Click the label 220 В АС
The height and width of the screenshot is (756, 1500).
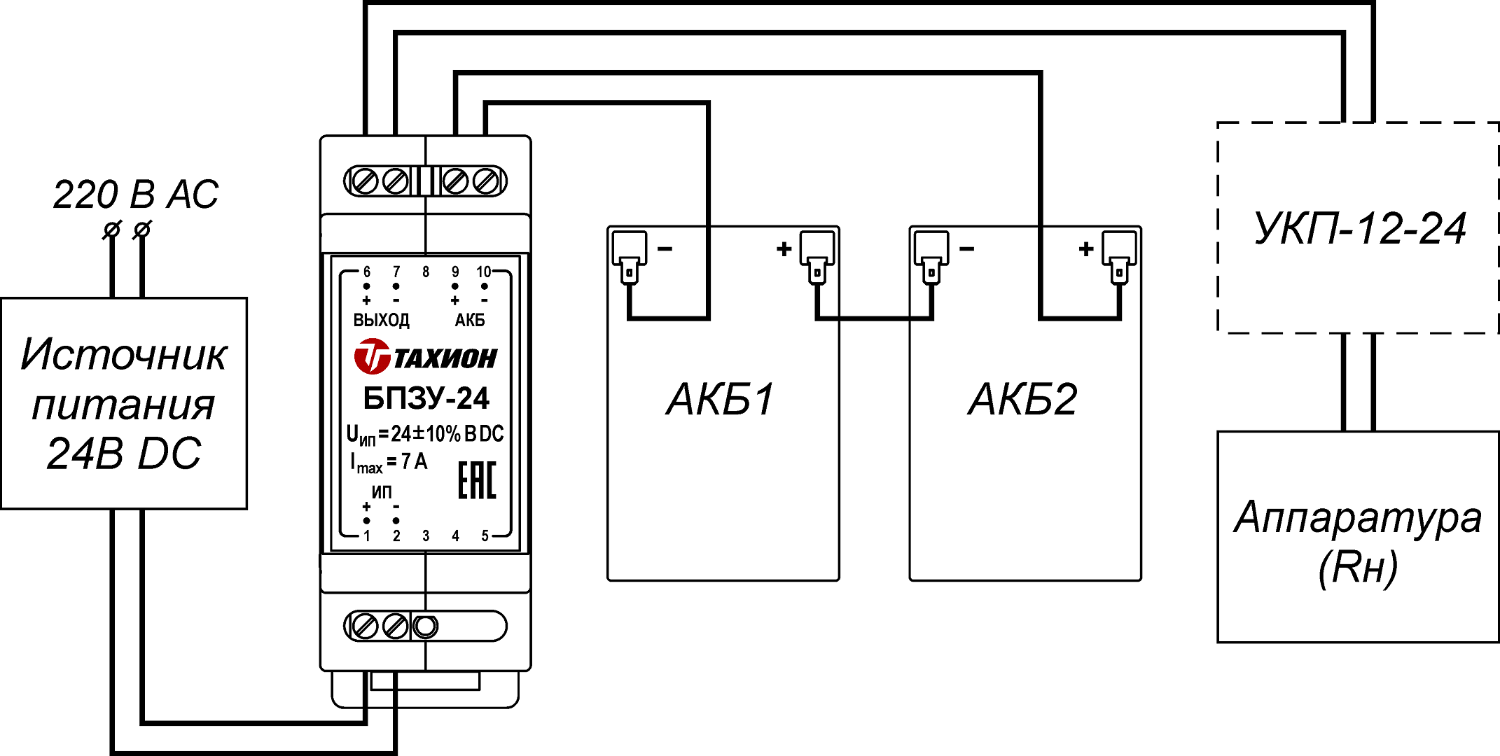(136, 195)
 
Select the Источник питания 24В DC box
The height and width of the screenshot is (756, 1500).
(124, 404)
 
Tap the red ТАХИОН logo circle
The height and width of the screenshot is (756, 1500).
(371, 356)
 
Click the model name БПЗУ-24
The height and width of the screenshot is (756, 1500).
(426, 398)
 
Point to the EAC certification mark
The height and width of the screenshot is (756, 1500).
(477, 480)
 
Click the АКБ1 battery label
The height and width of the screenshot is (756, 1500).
(721, 400)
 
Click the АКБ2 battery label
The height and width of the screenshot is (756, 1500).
(1022, 400)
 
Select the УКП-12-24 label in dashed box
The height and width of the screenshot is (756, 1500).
(1359, 229)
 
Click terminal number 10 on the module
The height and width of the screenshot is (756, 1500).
(484, 272)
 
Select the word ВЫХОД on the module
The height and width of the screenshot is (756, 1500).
(381, 321)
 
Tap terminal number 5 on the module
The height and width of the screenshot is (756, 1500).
(485, 536)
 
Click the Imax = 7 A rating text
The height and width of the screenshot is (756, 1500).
(389, 463)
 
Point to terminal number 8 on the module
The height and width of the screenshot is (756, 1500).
(426, 272)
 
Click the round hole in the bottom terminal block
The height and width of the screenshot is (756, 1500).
(425, 626)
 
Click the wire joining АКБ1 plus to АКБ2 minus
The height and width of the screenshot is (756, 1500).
(874, 318)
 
